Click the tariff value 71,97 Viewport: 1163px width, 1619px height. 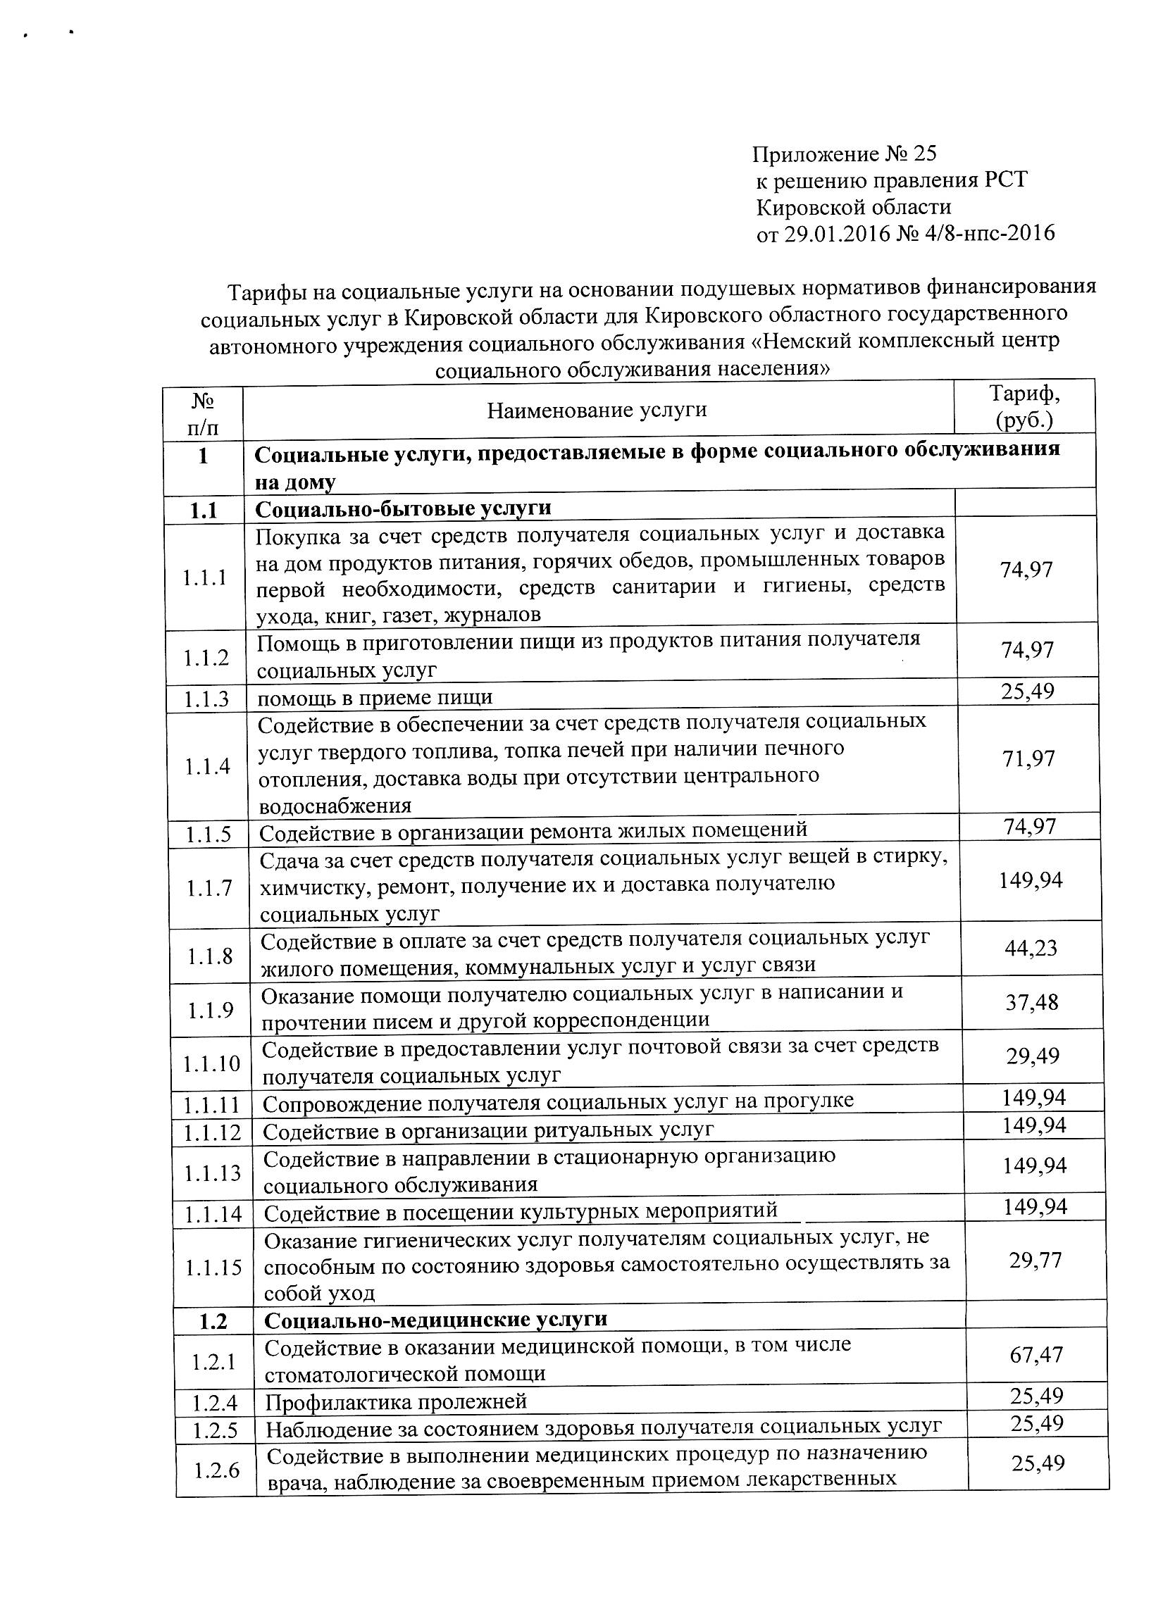[x=1028, y=759]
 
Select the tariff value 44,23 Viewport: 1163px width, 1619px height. [x=1030, y=949]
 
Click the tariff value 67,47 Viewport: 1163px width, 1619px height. [x=1036, y=1354]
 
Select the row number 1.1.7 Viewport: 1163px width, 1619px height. [x=209, y=888]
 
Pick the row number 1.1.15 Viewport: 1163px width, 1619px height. [x=213, y=1268]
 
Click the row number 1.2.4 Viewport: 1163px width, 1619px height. [x=214, y=1404]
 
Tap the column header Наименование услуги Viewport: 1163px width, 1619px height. [x=597, y=410]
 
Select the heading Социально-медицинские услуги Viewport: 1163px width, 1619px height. [x=435, y=1318]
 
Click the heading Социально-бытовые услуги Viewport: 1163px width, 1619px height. [x=403, y=508]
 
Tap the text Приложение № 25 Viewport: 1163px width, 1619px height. [x=844, y=154]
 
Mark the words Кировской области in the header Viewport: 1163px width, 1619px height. [x=853, y=207]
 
